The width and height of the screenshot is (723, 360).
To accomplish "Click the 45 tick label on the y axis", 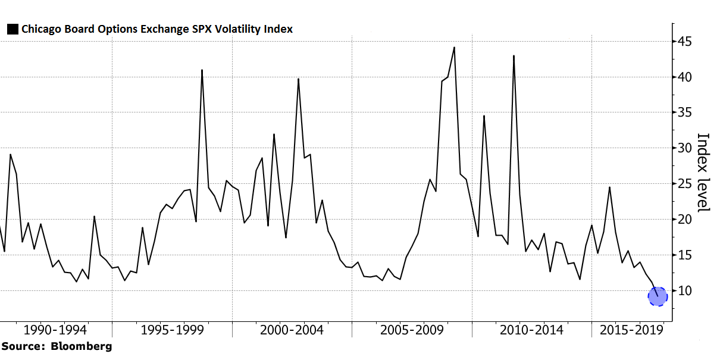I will tap(684, 42).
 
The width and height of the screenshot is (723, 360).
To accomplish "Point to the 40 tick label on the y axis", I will tap(684, 77).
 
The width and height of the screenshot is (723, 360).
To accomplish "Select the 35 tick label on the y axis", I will tap(684, 112).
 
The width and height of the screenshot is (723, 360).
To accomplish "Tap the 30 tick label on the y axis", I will tap(684, 148).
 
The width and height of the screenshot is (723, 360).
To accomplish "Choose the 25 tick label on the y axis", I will tap(684, 184).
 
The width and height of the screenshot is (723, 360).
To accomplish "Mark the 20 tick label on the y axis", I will tap(684, 220).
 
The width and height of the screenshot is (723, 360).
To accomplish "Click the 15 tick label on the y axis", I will tap(684, 255).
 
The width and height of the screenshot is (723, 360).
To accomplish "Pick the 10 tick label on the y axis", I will tap(684, 291).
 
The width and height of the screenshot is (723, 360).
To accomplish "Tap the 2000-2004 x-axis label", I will tap(292, 330).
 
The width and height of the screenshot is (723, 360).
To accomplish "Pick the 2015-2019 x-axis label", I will tap(631, 330).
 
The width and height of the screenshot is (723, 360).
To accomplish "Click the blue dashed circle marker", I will tap(658, 296).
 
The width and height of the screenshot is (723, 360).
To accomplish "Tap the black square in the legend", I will tap(12, 29).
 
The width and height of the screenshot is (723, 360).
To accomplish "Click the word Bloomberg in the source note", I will tap(80, 346).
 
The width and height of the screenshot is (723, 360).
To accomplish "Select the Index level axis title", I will tap(703, 172).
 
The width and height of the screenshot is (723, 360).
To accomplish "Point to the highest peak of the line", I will tap(455, 48).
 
